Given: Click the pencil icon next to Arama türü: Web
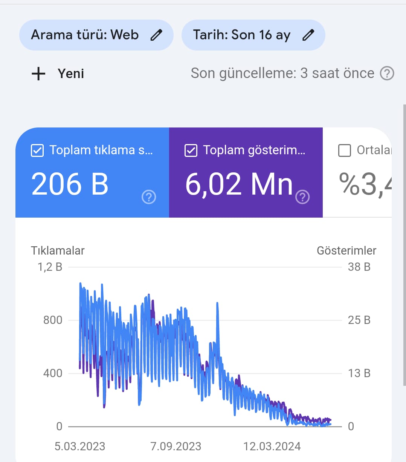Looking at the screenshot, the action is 156,35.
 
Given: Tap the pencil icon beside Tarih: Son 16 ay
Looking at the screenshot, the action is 308,35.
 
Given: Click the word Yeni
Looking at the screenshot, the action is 71,74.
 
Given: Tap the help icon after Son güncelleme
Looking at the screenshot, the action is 387,74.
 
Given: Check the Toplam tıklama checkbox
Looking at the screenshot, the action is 37,150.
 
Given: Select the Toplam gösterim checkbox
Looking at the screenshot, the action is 191,150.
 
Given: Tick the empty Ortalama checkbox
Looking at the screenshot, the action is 345,150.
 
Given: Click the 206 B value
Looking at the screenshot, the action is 70,184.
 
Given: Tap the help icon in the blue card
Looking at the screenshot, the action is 149,197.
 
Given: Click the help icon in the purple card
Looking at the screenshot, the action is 302,197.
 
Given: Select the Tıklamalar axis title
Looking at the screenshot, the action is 58,250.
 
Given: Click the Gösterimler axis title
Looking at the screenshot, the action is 346,250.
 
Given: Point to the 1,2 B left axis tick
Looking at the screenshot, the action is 50,267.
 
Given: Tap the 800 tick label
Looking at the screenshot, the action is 53,320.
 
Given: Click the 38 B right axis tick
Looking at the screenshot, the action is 359,267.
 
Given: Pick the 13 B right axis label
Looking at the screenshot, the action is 359,373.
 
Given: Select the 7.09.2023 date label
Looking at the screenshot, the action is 176,447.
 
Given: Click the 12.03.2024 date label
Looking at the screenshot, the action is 272,447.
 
